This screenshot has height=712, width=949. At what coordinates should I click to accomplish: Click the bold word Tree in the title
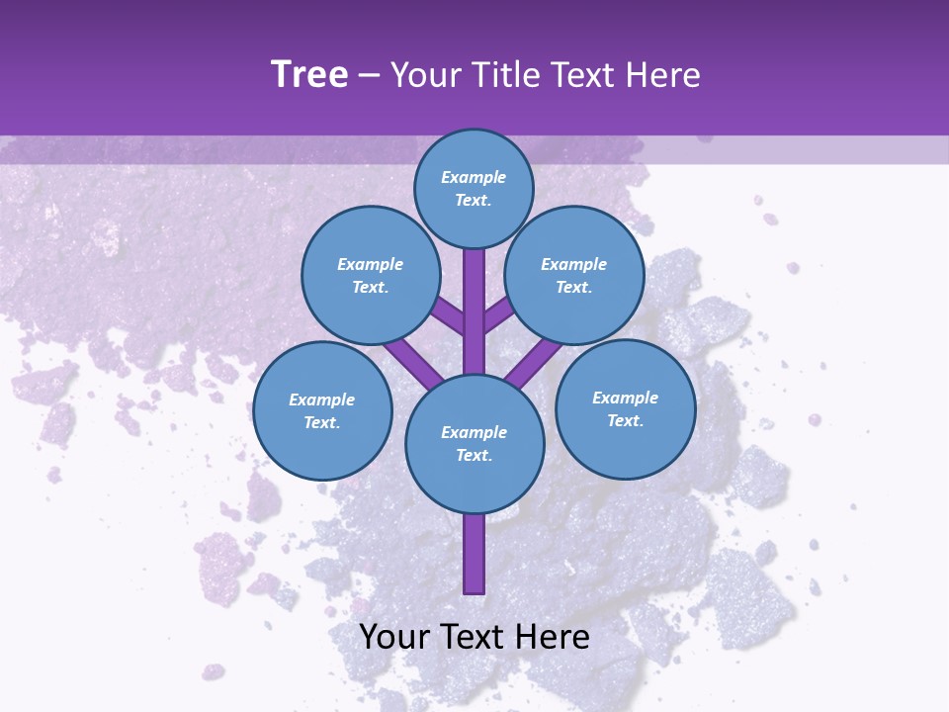coord(309,75)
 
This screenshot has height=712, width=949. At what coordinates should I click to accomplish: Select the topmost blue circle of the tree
coord(474,188)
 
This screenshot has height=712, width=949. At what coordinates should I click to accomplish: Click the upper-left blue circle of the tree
coord(370,275)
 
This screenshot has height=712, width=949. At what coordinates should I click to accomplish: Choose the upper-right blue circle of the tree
coord(573,275)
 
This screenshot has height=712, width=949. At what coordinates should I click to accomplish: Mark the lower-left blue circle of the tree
coord(321,410)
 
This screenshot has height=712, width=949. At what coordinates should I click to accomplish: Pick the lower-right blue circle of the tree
coord(625,407)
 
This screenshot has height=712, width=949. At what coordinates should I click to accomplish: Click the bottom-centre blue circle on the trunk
coord(474,443)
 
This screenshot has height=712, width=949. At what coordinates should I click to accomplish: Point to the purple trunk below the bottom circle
coord(474,554)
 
